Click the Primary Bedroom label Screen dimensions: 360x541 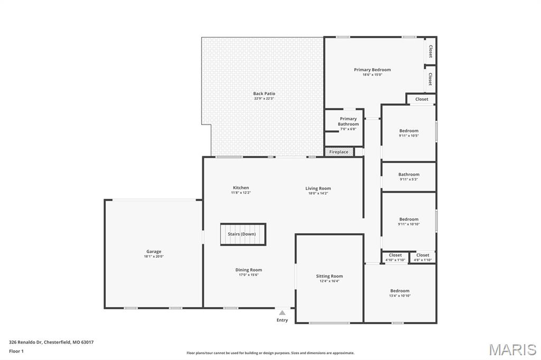[372, 70]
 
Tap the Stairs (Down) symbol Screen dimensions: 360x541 [243, 234]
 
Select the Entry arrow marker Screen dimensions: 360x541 [282, 313]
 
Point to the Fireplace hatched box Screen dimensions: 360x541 [339, 152]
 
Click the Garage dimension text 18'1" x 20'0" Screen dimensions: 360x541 [154, 257]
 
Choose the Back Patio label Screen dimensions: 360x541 [264, 93]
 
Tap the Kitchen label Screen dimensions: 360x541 [240, 188]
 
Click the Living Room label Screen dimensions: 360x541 [318, 188]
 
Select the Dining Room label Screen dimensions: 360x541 [248, 270]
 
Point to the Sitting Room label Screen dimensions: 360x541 [329, 276]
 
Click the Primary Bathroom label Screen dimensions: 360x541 [348, 121]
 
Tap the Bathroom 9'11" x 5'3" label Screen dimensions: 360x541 [408, 175]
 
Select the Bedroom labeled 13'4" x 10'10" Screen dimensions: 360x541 [399, 291]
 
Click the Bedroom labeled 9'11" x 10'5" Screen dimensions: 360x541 [408, 131]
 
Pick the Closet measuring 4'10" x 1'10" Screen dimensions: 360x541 [395, 255]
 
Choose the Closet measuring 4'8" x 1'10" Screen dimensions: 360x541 [423, 255]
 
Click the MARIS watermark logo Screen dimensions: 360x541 [512, 349]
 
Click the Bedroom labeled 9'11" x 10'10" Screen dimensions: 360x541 [408, 220]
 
